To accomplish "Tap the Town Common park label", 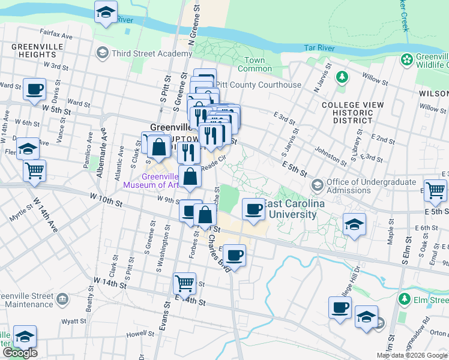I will pos(255,64).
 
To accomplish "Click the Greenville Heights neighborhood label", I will pos(32,52).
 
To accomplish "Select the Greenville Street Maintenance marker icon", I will pos(62,299).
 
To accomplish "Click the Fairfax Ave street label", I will pos(55,36).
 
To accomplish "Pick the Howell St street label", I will pos(137,334).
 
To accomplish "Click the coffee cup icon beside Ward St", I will pos(34,89).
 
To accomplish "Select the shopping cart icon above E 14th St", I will pos(184,283).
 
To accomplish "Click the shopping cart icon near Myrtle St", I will pos(34,170).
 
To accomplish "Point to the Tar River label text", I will pos(318,47).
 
